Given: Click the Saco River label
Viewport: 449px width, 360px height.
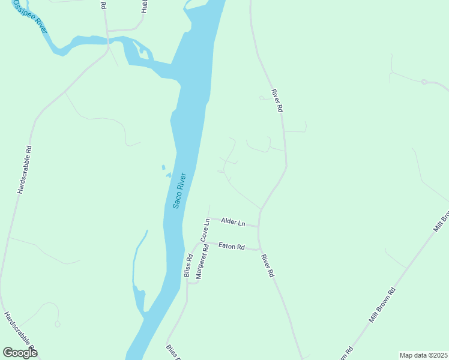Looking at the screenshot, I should (x=179, y=191).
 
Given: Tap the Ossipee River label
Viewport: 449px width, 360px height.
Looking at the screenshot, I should (x=31, y=16).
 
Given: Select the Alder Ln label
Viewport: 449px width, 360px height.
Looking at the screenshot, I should (x=233, y=222).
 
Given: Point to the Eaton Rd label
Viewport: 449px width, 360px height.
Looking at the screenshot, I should (x=232, y=246).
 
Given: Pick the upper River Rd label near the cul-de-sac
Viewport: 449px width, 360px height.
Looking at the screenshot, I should (x=277, y=101).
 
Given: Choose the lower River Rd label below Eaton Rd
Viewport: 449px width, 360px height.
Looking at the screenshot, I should (x=267, y=265).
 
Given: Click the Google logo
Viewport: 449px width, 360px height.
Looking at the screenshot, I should (x=20, y=352).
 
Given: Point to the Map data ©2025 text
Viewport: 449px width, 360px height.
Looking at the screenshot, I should (x=423, y=355).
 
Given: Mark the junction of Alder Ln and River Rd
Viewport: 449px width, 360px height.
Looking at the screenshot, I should (x=258, y=226).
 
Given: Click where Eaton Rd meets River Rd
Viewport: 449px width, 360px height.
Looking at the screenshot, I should (x=259, y=249).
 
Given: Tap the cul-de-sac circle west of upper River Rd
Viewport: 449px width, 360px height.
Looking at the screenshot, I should (x=261, y=98).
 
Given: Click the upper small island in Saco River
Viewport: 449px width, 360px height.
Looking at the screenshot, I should (x=163, y=167).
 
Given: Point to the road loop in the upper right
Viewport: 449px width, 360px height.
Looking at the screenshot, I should (x=424, y=82).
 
